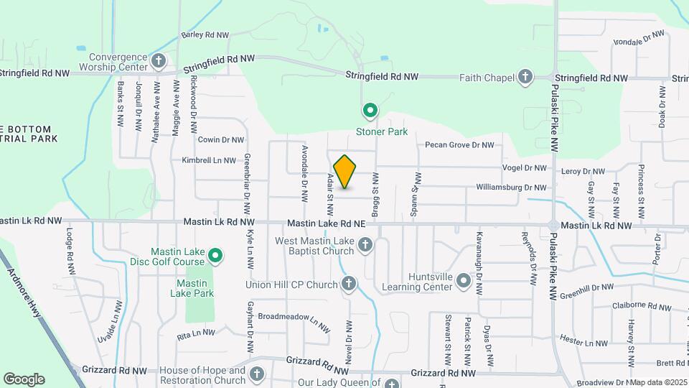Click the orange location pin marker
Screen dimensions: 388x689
[x=344, y=172]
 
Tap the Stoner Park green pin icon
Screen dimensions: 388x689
[x=370, y=111]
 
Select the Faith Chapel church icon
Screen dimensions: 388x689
[x=525, y=76]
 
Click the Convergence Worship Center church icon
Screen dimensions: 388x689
[x=159, y=61]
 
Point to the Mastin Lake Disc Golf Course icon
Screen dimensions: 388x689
[x=215, y=255]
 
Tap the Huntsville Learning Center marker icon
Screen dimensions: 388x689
[x=464, y=280]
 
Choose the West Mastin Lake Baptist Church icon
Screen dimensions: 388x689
[x=365, y=246]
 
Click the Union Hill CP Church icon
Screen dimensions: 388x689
[x=349, y=285]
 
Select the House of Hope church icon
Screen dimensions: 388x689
[x=257, y=374]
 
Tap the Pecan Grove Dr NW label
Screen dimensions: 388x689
[x=459, y=145]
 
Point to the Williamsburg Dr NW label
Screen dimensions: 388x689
[x=511, y=188]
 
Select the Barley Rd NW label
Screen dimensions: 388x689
[x=205, y=34]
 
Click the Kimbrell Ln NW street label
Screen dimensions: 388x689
[x=209, y=160]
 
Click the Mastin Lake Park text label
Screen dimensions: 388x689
[x=192, y=288]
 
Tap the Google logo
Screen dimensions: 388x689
[x=24, y=379]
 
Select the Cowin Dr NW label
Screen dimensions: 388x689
[x=221, y=140]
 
